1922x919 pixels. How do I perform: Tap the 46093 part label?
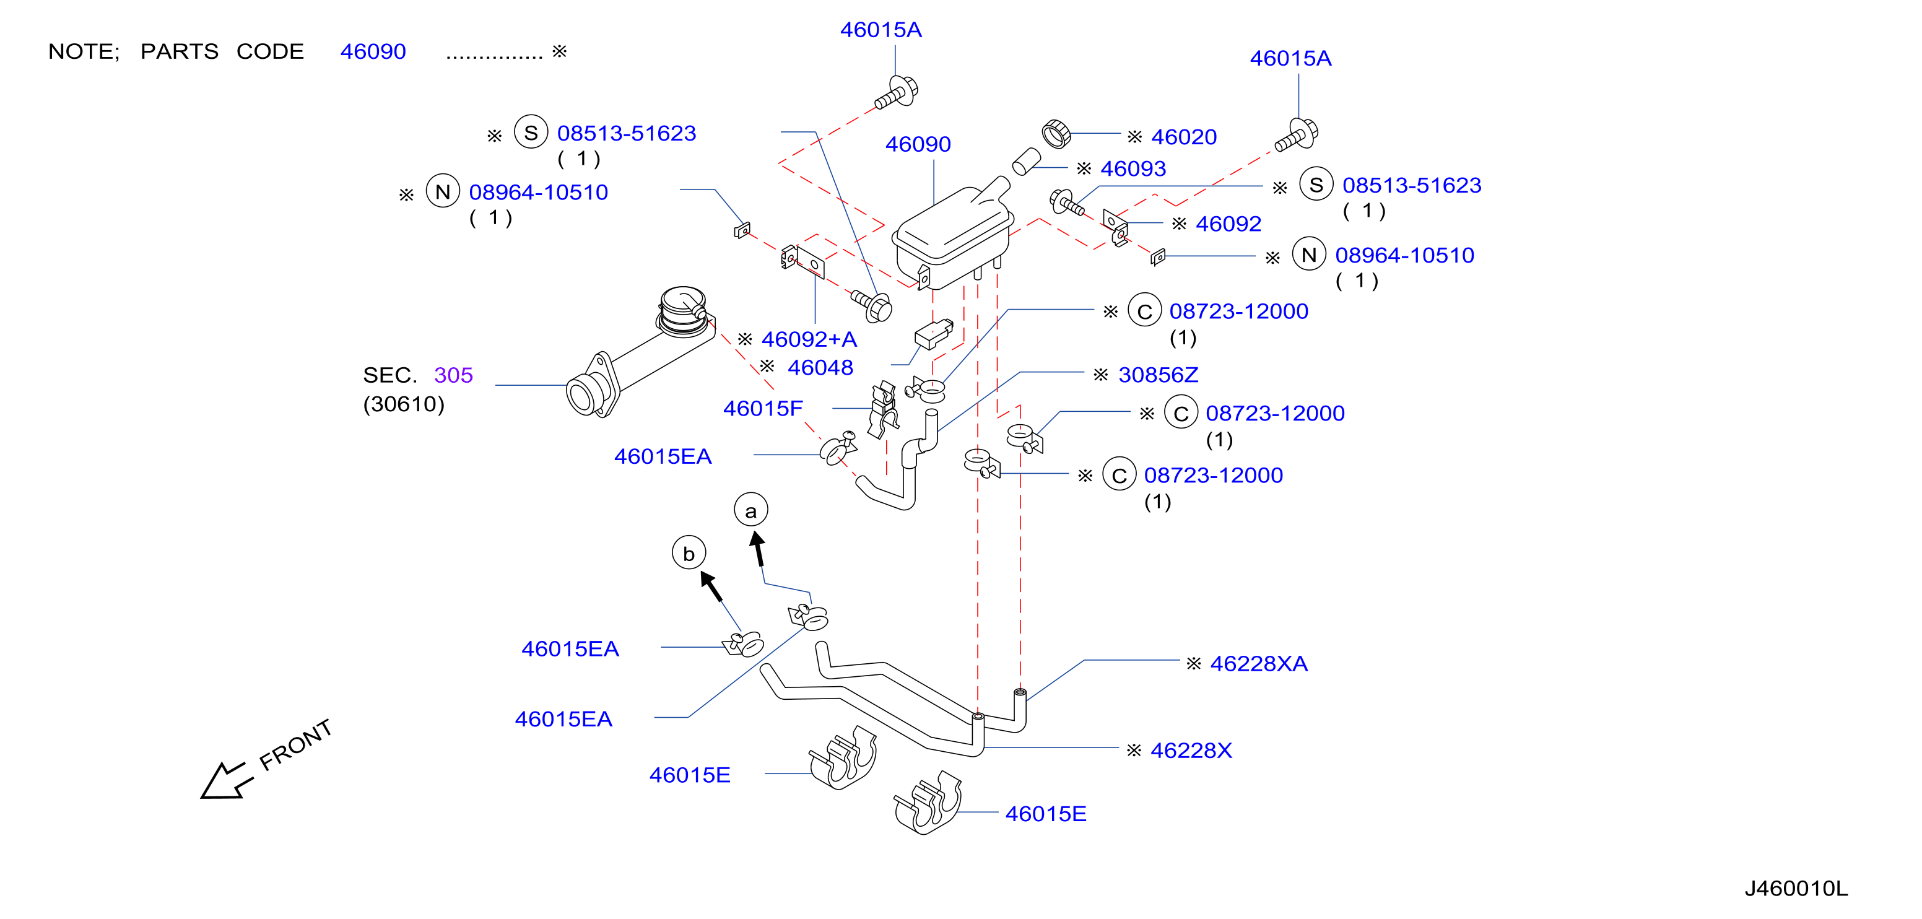click(x=1133, y=168)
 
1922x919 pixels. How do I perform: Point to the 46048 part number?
click(x=820, y=367)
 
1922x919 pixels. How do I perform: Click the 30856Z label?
click(x=1158, y=375)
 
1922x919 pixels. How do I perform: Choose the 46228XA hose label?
click(x=1259, y=663)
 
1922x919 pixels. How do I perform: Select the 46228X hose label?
click(x=1191, y=750)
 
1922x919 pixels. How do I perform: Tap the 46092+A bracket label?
click(x=809, y=339)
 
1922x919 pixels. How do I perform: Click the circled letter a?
click(x=750, y=510)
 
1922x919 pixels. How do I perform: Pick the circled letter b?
click(x=689, y=553)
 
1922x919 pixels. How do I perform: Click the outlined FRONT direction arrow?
click(x=227, y=780)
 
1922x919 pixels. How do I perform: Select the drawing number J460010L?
click(x=1796, y=889)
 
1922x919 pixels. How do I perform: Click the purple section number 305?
click(x=454, y=375)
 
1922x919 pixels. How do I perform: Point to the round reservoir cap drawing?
click(x=1056, y=134)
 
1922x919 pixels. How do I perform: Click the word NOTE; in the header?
click(x=84, y=51)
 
